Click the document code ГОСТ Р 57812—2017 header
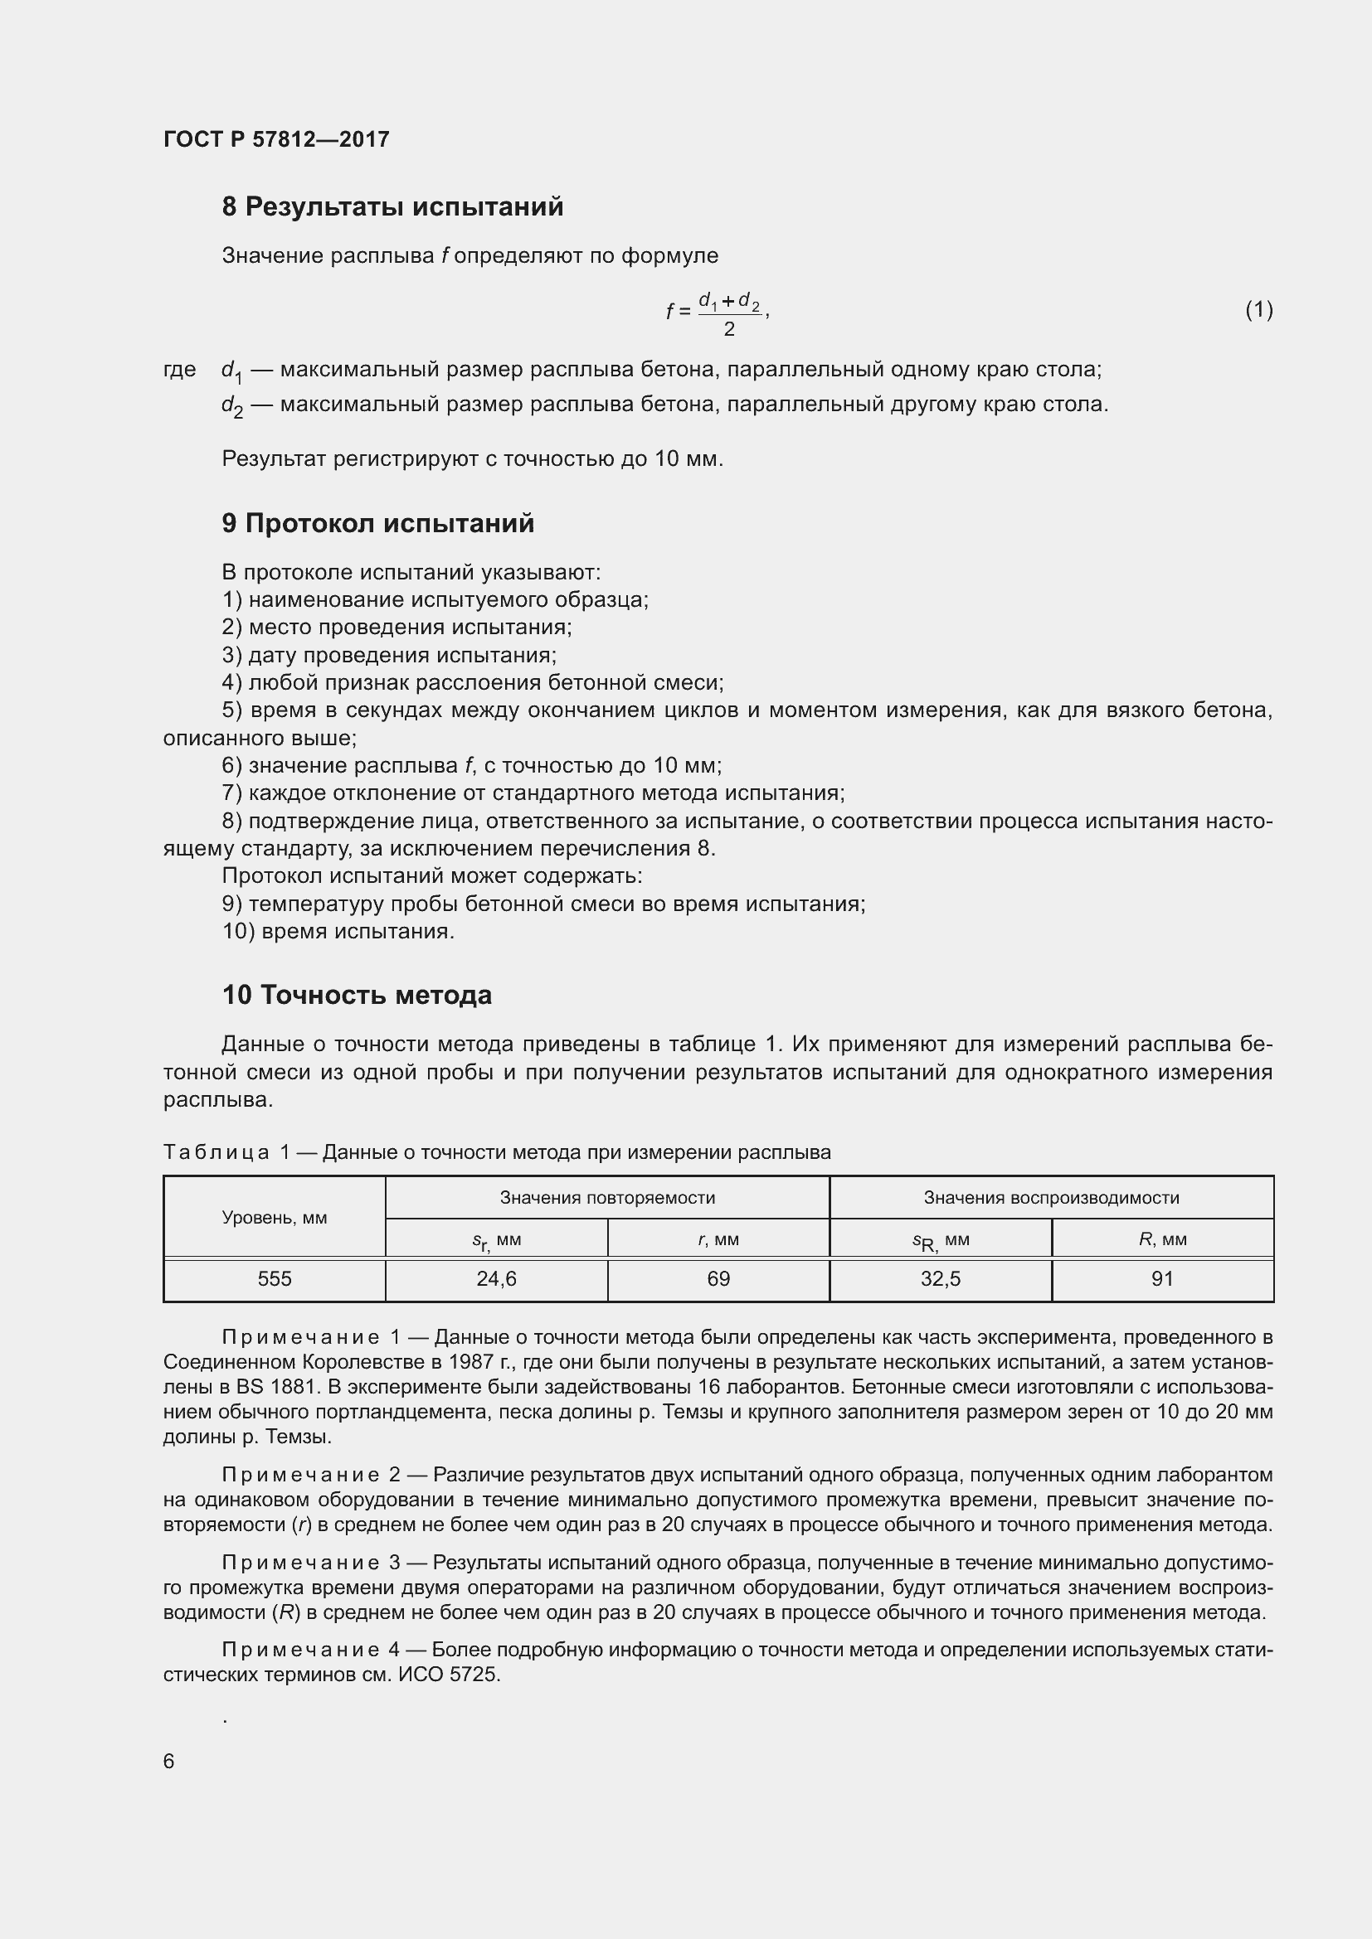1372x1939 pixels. [x=276, y=139]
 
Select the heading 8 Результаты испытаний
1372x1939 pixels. [x=392, y=207]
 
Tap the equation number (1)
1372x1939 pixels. [x=1258, y=310]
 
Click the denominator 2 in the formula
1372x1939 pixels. [x=729, y=329]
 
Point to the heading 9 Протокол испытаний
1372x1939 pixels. [x=377, y=524]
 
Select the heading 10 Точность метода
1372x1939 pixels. [x=357, y=995]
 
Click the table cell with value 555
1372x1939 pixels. [x=275, y=1279]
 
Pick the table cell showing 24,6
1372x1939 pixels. [x=497, y=1279]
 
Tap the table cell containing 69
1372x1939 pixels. [x=718, y=1279]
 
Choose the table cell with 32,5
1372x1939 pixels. [x=941, y=1279]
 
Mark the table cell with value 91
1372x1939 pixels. [x=1162, y=1279]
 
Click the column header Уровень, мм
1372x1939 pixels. [x=275, y=1218]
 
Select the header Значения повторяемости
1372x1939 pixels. [x=607, y=1198]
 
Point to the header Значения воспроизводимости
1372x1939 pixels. [x=1051, y=1198]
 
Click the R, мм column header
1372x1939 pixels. [x=1162, y=1239]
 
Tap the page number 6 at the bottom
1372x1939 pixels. [x=169, y=1761]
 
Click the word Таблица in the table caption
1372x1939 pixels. [x=217, y=1152]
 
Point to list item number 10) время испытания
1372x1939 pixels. [x=338, y=932]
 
